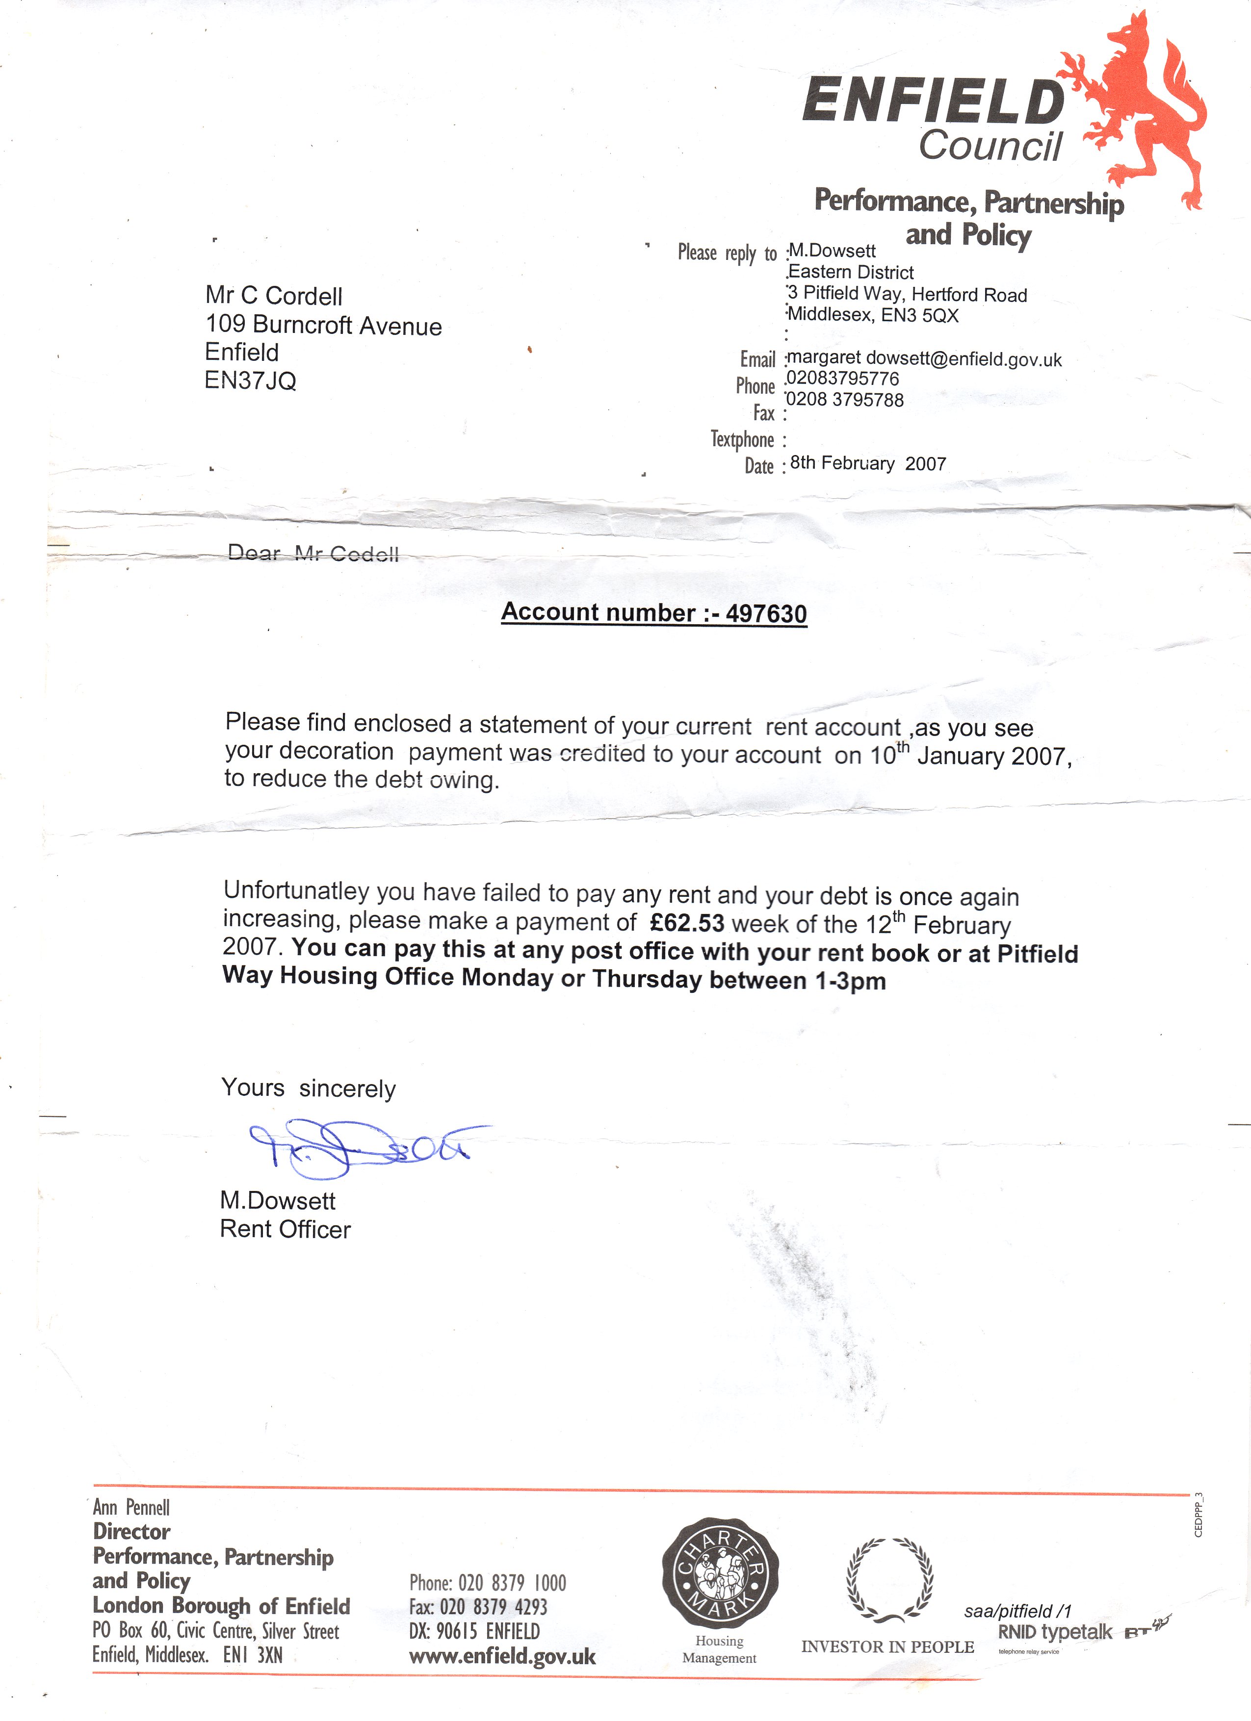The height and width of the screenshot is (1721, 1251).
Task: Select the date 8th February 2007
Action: coord(868,463)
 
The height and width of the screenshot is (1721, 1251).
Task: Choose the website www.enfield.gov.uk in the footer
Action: coord(502,1656)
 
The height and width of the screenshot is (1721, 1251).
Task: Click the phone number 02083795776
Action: coord(843,379)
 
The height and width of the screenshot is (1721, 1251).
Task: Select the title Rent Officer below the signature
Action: coord(286,1229)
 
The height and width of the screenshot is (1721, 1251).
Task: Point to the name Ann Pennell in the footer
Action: coord(131,1507)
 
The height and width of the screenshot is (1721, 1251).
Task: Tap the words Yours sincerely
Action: coord(308,1088)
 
